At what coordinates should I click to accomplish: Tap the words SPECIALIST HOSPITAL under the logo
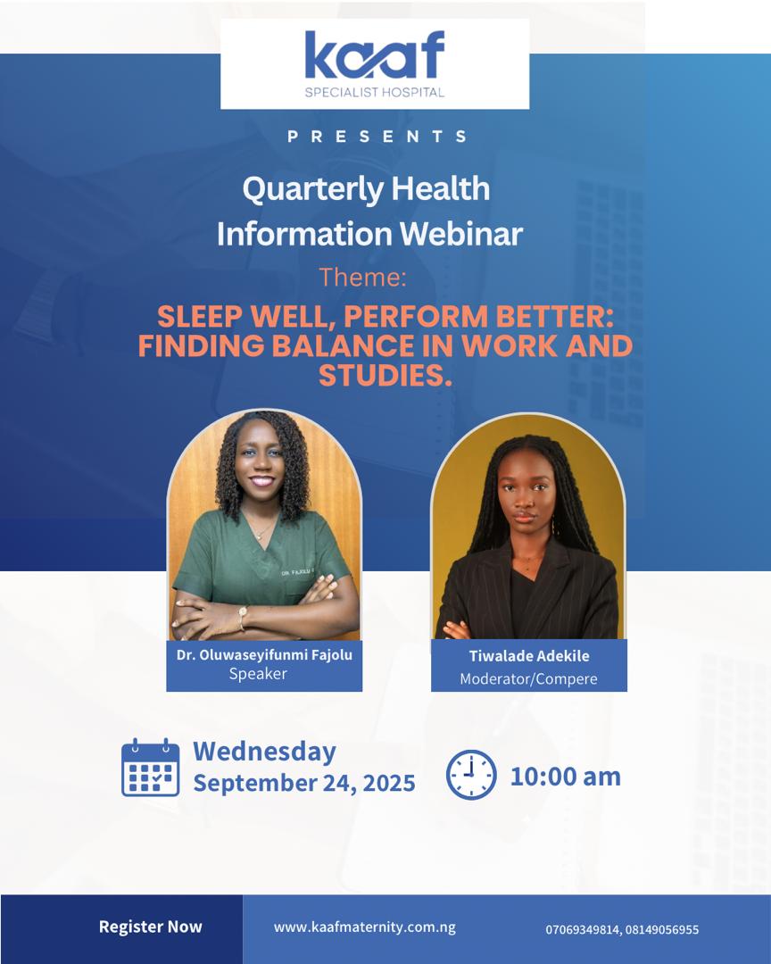click(375, 92)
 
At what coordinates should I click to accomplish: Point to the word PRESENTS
click(377, 136)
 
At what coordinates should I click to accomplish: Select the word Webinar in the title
click(461, 234)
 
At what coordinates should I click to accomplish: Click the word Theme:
click(363, 278)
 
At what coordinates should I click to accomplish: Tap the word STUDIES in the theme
click(385, 375)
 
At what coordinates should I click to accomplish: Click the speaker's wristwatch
click(242, 617)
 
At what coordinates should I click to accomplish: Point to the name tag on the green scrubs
click(297, 572)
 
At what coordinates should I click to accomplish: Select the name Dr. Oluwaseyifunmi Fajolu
click(264, 655)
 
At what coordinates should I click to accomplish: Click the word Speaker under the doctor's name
click(258, 674)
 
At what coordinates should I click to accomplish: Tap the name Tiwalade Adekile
click(529, 656)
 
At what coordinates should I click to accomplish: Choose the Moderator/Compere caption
click(529, 678)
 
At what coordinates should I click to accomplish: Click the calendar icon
click(151, 768)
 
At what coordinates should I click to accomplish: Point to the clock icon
click(471, 775)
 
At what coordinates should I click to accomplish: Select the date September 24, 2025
click(304, 784)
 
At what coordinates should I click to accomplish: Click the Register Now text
click(151, 927)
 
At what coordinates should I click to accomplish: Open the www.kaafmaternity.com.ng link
click(365, 927)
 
